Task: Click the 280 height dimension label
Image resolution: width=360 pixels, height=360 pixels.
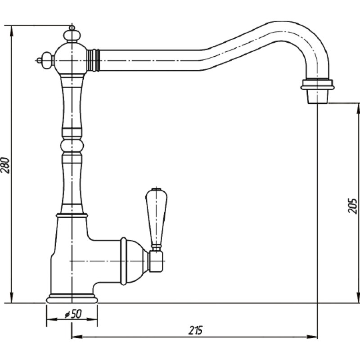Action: point(5,165)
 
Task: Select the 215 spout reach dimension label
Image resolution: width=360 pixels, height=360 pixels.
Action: point(196,330)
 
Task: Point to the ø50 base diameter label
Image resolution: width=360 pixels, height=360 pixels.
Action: point(73,314)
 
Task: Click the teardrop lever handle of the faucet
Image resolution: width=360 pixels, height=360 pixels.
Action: point(156,216)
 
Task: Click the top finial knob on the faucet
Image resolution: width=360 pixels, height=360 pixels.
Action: point(72,35)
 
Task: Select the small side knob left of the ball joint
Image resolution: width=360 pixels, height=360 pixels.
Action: point(46,61)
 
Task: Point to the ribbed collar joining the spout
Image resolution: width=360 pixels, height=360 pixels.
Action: point(93,60)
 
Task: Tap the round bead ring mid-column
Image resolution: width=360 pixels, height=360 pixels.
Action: point(72,146)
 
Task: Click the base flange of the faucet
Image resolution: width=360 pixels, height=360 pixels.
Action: point(72,298)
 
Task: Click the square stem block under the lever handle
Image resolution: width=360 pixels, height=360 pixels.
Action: point(156,261)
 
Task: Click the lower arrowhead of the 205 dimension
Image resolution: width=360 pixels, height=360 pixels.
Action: point(357,298)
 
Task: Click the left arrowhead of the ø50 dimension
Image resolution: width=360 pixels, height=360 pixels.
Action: point(52,319)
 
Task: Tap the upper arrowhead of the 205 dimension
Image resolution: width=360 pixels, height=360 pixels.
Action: point(357,109)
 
